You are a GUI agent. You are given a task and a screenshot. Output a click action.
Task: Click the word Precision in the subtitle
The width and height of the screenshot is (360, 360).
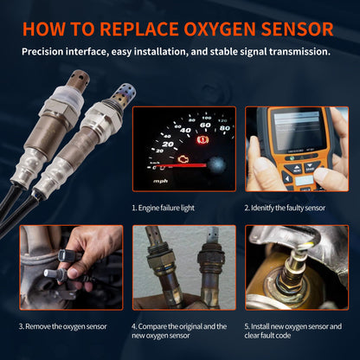49,52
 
